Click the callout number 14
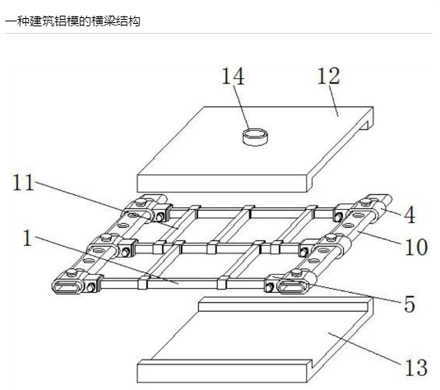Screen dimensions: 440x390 (233, 77)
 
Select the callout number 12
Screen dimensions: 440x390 (329, 76)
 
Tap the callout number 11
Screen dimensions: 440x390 (24, 183)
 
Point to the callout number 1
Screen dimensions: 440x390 (27, 238)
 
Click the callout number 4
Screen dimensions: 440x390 (410, 215)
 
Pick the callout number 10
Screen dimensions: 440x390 (416, 247)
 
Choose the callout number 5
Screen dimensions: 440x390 (410, 304)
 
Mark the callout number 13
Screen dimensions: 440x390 (416, 368)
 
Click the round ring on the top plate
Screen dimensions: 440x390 (255, 137)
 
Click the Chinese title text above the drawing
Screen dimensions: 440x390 (72, 21)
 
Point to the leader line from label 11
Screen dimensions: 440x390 (107, 205)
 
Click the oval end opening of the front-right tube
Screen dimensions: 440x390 (292, 287)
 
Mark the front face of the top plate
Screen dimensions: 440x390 (222, 183)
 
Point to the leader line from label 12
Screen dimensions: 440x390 (334, 100)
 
